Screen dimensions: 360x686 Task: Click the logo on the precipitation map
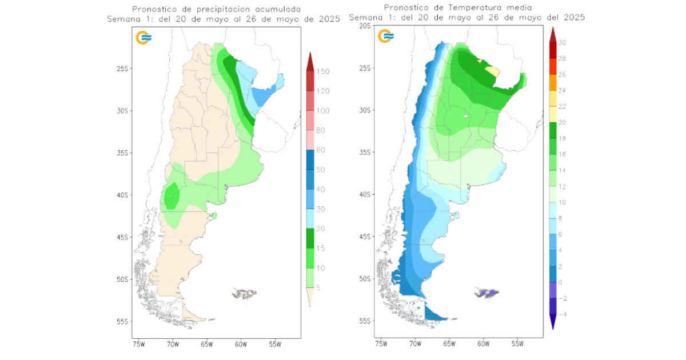pos(143,38)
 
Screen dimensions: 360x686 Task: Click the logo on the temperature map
pos(386,37)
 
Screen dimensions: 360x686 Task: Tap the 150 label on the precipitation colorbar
pos(323,71)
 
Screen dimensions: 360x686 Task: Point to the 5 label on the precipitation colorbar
pos(319,287)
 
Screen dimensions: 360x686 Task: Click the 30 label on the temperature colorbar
pos(562,42)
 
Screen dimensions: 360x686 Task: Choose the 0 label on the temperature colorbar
pos(560,282)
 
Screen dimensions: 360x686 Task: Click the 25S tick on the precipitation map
pos(123,69)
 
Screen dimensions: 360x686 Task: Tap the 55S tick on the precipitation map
pos(123,322)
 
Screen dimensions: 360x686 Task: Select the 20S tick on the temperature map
pos(365,26)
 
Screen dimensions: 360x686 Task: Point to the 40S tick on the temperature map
pos(365,194)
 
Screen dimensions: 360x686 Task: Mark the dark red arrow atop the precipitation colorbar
pos(309,61)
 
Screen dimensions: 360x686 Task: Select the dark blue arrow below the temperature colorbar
pos(553,324)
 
